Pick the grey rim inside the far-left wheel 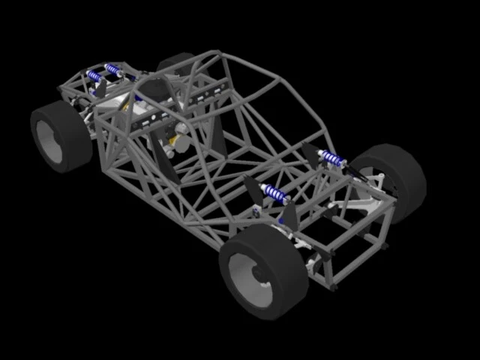click(49, 142)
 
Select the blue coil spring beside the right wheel click(331, 158)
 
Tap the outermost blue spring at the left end click(94, 76)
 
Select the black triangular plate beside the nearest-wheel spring click(253, 190)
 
